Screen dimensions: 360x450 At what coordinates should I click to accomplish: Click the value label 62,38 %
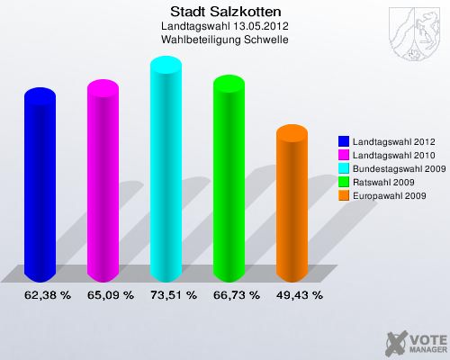tap(47, 294)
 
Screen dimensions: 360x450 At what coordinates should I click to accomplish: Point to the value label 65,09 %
tap(110, 294)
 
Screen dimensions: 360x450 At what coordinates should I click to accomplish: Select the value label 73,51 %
tap(173, 294)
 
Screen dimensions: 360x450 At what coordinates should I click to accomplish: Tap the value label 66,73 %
tap(236, 294)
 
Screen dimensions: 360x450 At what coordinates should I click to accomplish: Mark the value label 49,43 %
tap(299, 294)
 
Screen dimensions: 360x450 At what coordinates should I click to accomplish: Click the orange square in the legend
tap(344, 195)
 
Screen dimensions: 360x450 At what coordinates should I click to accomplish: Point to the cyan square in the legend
tap(344, 168)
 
